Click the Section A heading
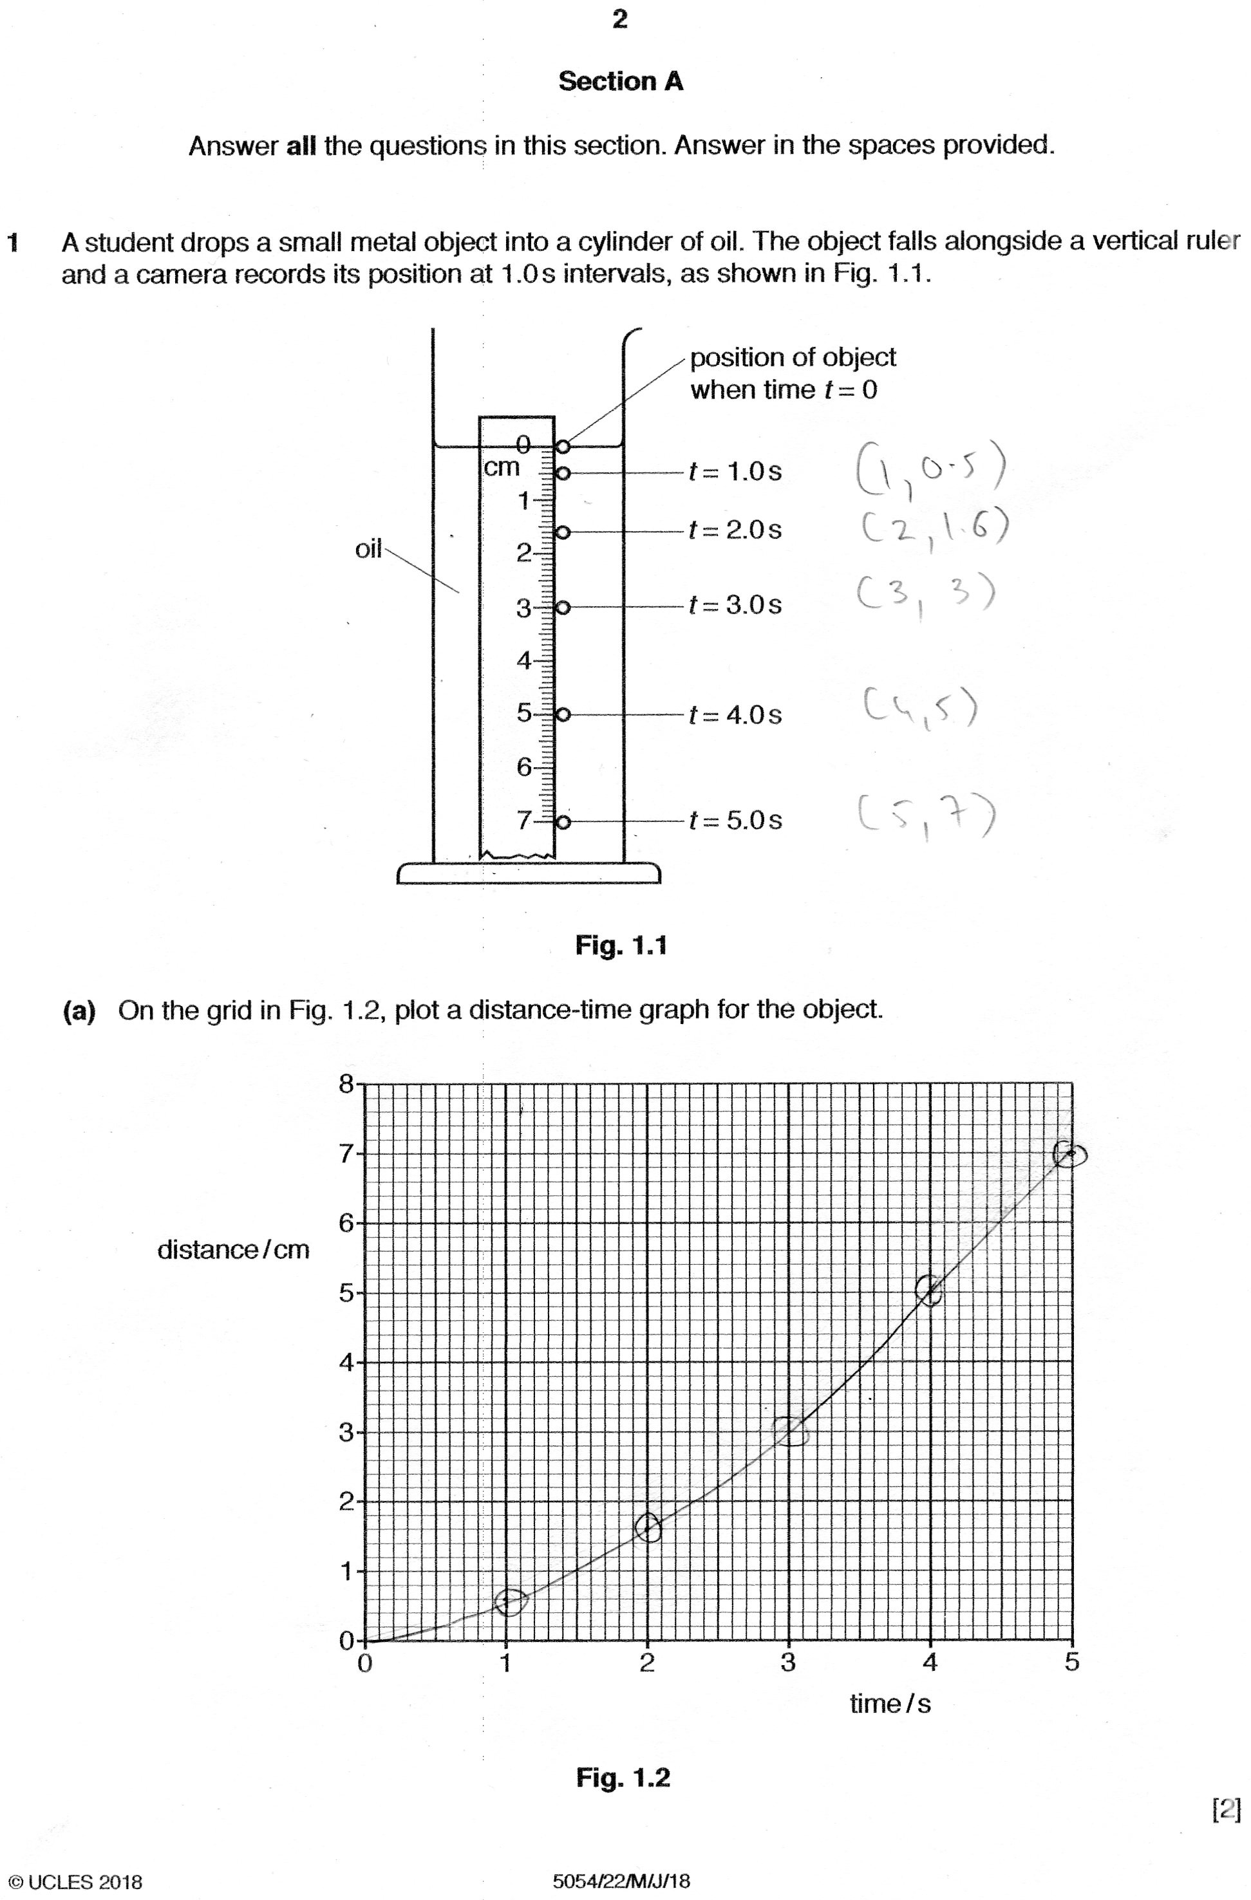click(620, 82)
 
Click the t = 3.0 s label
click(735, 605)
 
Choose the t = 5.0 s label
click(735, 821)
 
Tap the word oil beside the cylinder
click(368, 549)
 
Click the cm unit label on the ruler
click(502, 468)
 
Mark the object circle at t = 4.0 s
click(563, 714)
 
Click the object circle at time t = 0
click(563, 446)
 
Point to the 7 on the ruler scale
click(523, 820)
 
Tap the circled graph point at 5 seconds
click(1069, 1155)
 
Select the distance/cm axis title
click(233, 1249)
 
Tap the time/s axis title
click(890, 1704)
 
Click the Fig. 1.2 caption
click(623, 1777)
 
